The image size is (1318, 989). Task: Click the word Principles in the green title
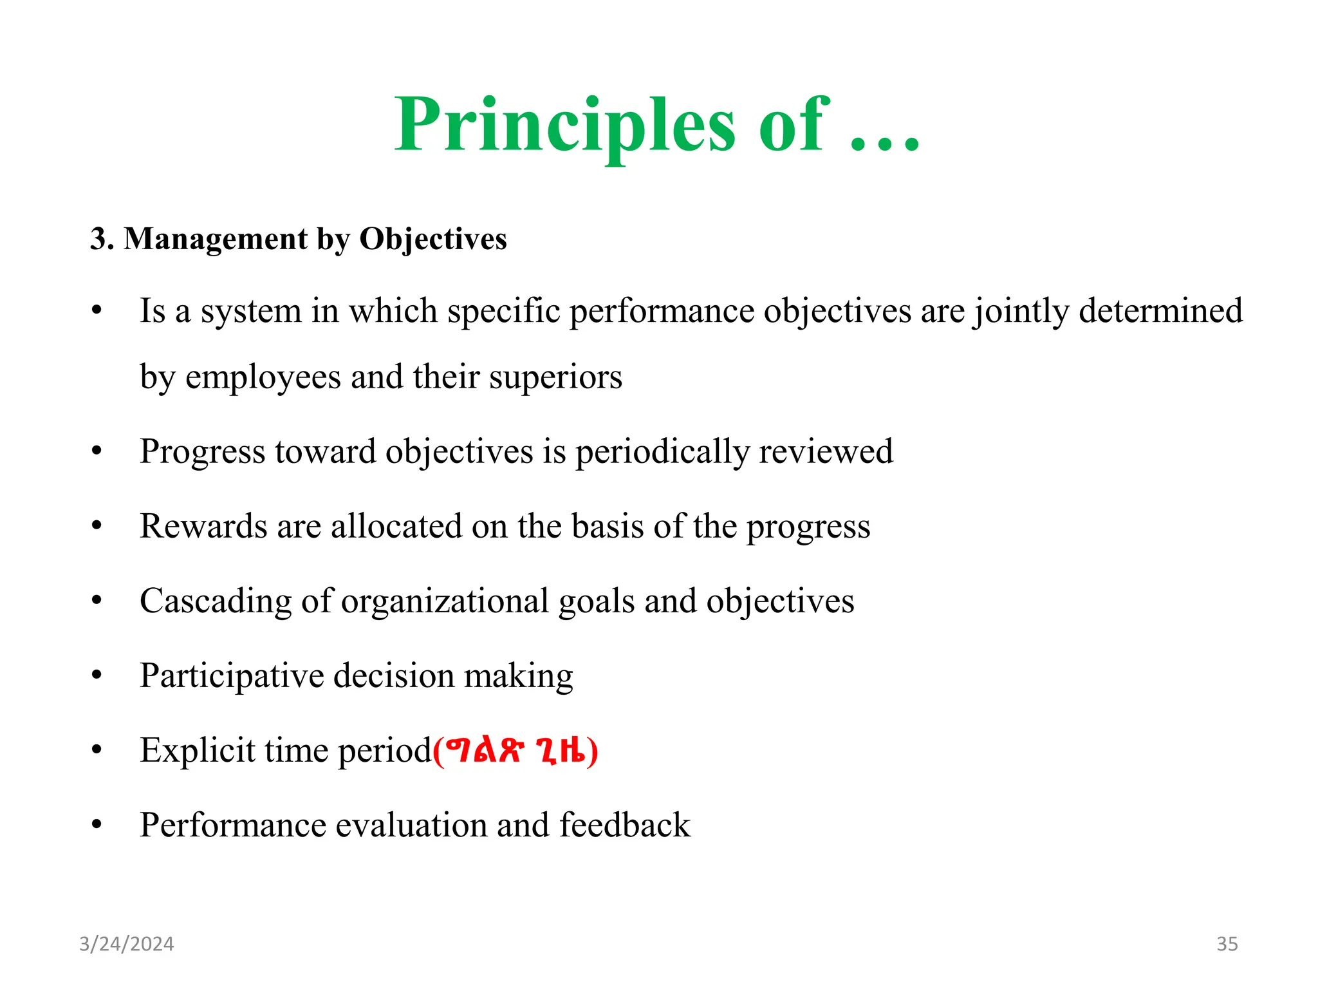564,126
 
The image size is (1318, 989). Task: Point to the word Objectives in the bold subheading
432,239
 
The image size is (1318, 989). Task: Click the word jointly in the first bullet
1020,312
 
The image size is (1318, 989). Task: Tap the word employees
263,378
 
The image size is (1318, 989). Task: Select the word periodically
662,452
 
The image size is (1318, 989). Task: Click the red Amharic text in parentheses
515,751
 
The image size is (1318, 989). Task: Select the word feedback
624,825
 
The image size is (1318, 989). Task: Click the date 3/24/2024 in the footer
126,944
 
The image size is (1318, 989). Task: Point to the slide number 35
1227,944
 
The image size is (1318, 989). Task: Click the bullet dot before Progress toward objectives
97,451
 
